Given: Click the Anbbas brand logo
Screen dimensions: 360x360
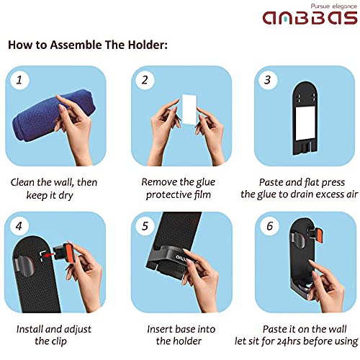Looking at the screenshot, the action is pos(310,17).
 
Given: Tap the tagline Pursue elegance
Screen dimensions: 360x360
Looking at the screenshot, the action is pos(334,6).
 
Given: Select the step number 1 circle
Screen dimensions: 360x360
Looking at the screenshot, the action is pos(19,80).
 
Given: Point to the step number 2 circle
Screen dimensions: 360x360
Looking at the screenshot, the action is pos(145,80).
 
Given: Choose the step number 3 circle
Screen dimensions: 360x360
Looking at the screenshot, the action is pos(268,80).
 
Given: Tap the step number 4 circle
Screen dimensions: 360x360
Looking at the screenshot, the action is pos(19,226).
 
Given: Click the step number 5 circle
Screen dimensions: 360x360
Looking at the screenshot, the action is pos(145,226).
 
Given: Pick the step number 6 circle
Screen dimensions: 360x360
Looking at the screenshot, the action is pos(269,226).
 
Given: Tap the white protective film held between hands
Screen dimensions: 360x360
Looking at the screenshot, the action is pos(189,109).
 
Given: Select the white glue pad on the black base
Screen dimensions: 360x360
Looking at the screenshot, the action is pos(305,123).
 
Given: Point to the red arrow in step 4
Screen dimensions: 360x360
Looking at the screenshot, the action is pos(50,256).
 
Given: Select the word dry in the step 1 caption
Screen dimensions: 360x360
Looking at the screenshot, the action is pos(66,195).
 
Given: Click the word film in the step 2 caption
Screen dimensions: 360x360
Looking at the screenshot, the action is pos(202,194).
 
